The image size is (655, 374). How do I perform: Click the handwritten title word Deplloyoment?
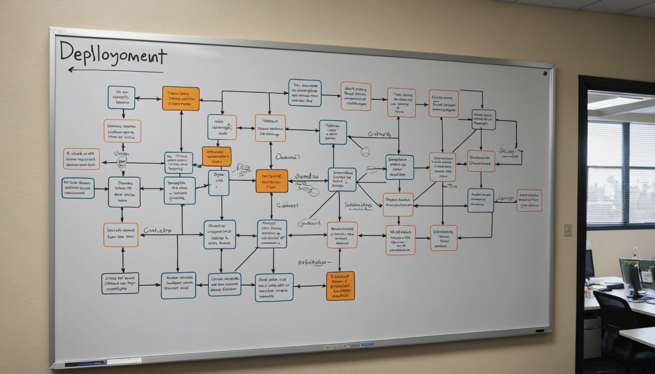pyautogui.click(x=113, y=54)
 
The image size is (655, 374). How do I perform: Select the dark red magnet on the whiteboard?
pyautogui.click(x=545, y=73)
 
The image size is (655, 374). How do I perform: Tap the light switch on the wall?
pyautogui.click(x=567, y=230)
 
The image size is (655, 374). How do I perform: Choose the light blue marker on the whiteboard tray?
pyautogui.click(x=368, y=344)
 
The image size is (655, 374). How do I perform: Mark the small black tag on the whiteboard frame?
pyautogui.click(x=539, y=331)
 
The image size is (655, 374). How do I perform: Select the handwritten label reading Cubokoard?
pyautogui.click(x=287, y=205)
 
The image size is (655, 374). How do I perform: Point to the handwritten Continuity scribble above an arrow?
pyautogui.click(x=379, y=134)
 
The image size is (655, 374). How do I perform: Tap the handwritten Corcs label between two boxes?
pyautogui.click(x=506, y=198)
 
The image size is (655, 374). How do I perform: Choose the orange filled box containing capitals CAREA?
pyautogui.click(x=340, y=286)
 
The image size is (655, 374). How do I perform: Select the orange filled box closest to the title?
pyautogui.click(x=181, y=98)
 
